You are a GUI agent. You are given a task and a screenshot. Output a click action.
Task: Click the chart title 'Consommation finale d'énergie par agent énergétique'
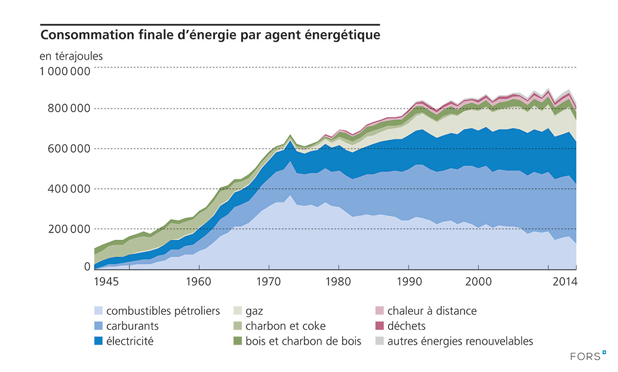point(210,35)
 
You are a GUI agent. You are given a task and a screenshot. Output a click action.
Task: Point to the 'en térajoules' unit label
point(72,57)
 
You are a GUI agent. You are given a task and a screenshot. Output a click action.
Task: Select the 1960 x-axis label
point(198,281)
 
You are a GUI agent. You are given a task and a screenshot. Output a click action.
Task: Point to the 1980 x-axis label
point(338,281)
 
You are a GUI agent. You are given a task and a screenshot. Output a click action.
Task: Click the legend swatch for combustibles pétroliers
point(99,311)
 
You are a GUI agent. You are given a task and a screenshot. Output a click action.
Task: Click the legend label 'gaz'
point(254,311)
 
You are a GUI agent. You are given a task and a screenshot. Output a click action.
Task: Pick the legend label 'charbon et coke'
point(285,326)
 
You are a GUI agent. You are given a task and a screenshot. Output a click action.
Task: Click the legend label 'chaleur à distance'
point(432,311)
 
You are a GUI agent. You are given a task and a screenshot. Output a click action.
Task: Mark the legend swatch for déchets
point(380,326)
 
